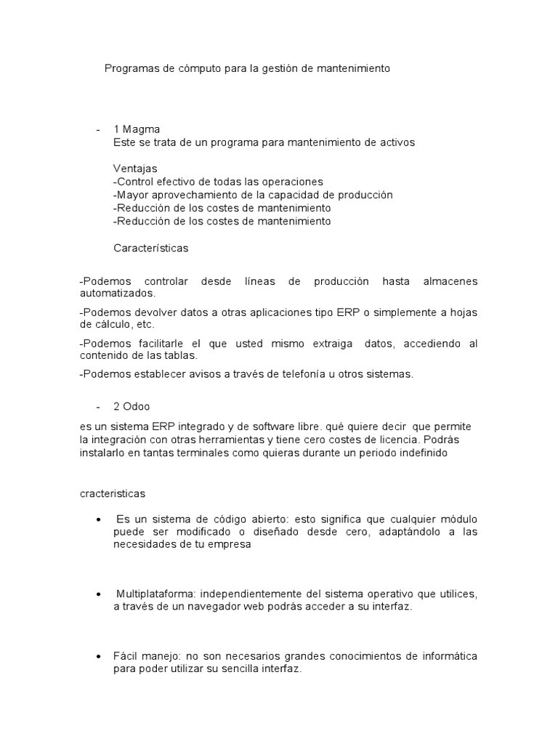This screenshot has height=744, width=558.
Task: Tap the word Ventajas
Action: (135, 169)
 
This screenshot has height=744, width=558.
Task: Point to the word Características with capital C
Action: (151, 248)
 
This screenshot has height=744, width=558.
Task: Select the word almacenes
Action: (448, 281)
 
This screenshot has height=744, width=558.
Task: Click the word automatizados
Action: (117, 294)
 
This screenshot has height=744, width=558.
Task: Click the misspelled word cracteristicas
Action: (113, 493)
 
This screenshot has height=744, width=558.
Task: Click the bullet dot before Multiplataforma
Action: (99, 594)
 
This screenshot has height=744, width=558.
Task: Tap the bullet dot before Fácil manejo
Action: (99, 657)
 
